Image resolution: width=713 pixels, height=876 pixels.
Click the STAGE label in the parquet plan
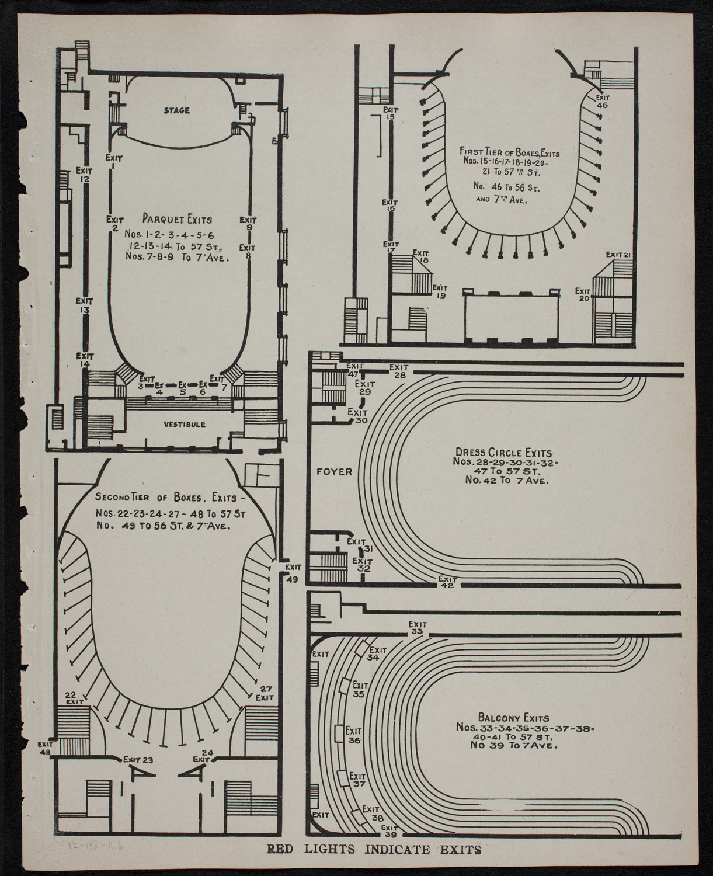coord(176,110)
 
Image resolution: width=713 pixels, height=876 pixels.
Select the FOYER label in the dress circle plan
coord(335,471)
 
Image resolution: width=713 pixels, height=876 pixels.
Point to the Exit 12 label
coord(85,175)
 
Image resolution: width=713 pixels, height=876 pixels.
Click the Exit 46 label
coord(602,102)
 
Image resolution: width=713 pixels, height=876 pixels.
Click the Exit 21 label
coord(620,254)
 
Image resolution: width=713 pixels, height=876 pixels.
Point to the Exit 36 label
coord(354,735)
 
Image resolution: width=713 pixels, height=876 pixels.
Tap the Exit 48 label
coord(45,749)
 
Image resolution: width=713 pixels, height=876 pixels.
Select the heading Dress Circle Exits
coord(502,452)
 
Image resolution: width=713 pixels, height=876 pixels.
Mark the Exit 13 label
coord(85,305)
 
